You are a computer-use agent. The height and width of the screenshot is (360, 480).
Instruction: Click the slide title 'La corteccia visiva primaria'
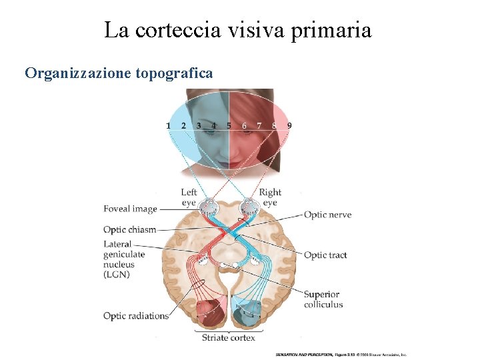238,30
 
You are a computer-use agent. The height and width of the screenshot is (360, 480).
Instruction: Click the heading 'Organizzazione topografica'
119,73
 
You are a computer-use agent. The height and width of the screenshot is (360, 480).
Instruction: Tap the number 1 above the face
168,125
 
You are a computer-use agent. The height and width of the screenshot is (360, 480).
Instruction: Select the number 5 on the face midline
229,125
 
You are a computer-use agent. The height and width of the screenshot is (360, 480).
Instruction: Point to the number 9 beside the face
289,125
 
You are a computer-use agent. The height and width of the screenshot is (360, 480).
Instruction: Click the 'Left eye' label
189,197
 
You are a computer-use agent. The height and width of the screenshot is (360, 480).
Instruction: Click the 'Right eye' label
270,197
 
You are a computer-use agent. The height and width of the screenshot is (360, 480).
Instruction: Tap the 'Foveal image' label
130,209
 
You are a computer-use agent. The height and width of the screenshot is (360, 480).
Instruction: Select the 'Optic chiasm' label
129,230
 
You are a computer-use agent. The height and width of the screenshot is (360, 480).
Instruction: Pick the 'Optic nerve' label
327,215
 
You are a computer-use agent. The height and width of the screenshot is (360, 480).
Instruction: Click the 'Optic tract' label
325,255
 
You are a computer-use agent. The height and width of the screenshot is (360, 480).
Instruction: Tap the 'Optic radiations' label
136,316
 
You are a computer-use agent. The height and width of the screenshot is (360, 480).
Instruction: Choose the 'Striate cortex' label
229,338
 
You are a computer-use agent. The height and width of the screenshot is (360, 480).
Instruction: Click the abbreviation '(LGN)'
117,275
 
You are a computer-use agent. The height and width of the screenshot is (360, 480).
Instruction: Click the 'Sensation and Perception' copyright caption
341,355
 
